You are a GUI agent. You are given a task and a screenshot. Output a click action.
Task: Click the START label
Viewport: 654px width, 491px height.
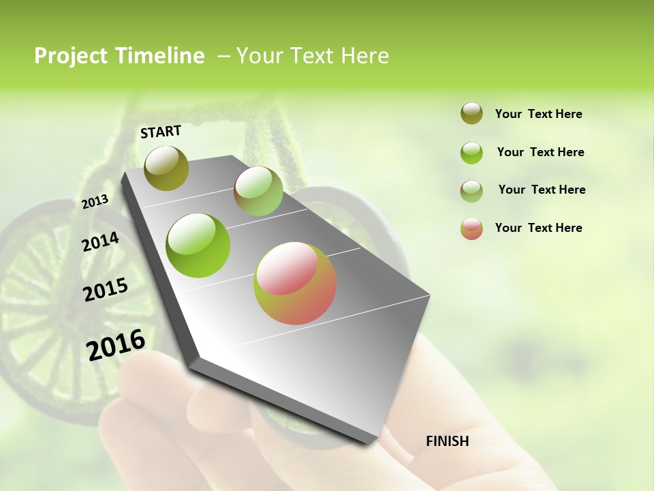[161, 132]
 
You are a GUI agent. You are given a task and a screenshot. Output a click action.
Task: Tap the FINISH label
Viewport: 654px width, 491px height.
[447, 441]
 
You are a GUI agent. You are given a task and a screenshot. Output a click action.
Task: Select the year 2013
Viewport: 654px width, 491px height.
[95, 201]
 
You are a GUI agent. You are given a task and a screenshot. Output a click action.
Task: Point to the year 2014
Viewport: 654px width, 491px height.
[100, 241]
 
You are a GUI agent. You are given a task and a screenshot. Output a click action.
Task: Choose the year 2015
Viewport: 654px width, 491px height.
[106, 290]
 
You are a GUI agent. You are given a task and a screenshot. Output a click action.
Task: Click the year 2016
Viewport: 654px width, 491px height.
[116, 344]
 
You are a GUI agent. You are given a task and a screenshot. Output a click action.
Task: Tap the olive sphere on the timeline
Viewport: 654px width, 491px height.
[166, 168]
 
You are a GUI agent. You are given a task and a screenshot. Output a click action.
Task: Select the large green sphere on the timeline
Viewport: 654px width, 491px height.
[198, 245]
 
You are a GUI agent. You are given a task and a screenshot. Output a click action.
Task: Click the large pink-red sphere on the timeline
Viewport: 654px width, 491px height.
[295, 283]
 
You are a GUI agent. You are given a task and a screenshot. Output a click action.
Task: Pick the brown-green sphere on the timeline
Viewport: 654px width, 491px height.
[258, 191]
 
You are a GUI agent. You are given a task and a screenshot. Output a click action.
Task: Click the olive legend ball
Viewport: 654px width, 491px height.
[471, 114]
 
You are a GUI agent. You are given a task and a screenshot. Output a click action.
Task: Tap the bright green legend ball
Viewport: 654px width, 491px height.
[471, 153]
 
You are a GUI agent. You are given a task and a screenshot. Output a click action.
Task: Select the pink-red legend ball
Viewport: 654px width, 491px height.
[471, 228]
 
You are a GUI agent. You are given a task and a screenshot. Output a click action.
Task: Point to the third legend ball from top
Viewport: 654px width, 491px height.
[471, 191]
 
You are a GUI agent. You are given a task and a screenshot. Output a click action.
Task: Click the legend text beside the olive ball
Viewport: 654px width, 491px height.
[538, 114]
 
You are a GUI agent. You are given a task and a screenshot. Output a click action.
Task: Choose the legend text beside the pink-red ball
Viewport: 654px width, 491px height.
[538, 228]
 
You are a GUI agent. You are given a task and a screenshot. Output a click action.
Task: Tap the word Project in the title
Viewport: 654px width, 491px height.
[70, 56]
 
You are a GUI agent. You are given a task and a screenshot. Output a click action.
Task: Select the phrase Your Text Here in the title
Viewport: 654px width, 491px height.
[313, 56]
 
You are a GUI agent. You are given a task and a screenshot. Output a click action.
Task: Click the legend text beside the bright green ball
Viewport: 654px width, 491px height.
[540, 152]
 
